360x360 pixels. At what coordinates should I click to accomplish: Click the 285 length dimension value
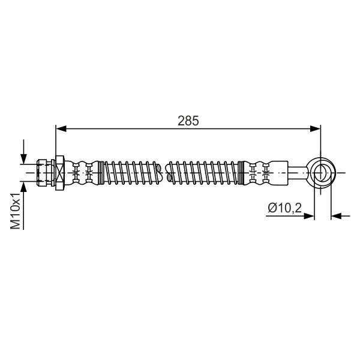(x=188, y=121)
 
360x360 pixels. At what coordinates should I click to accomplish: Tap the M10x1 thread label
(x=16, y=211)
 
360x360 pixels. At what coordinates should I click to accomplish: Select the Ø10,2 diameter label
(x=284, y=208)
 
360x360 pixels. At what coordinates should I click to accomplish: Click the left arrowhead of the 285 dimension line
(x=61, y=129)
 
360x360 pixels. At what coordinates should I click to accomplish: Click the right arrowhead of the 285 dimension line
(x=315, y=129)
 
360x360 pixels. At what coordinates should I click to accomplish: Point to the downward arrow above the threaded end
(x=23, y=152)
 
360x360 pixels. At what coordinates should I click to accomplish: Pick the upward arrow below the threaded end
(x=23, y=205)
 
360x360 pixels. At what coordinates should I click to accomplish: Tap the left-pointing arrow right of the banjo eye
(x=340, y=216)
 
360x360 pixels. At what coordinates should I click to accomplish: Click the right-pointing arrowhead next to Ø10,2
(x=309, y=216)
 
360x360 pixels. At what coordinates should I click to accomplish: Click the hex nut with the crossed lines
(x=59, y=173)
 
